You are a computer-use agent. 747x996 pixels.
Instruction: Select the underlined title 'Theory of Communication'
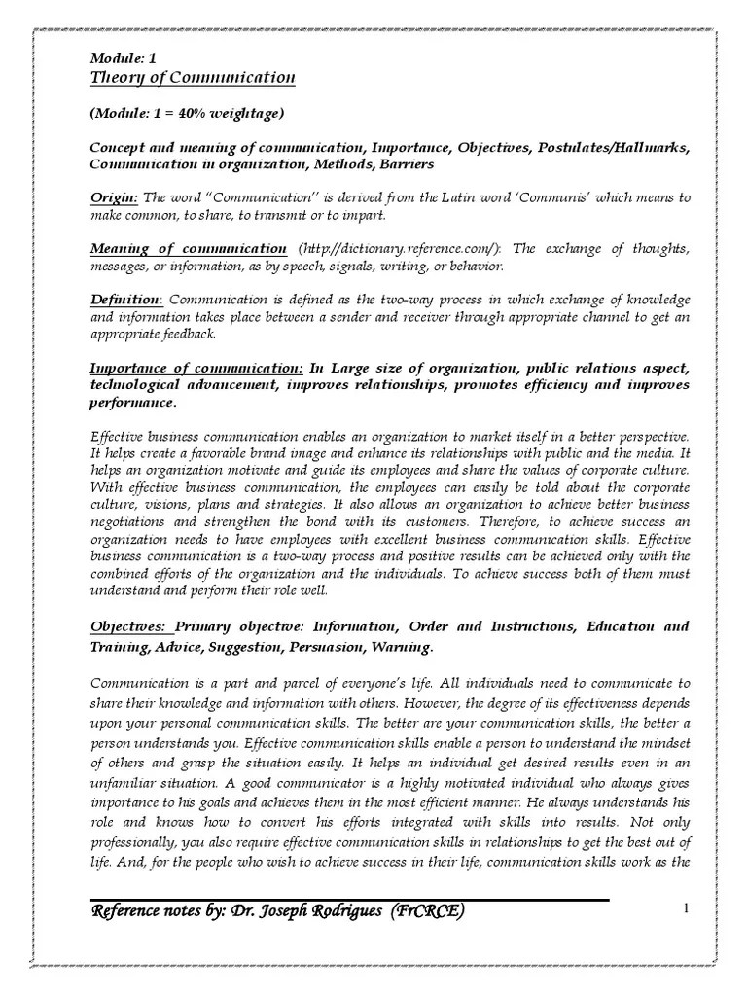click(193, 78)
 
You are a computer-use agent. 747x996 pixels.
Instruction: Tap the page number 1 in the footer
click(686, 909)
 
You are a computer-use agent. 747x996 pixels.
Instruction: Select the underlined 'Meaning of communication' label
click(188, 249)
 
